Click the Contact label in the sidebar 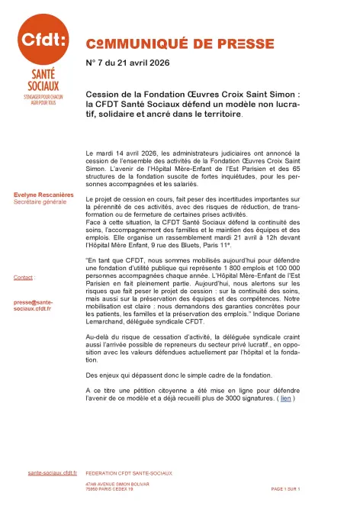click(24, 277)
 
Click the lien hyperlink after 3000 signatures click(285, 398)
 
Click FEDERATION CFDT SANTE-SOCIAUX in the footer click(128, 473)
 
